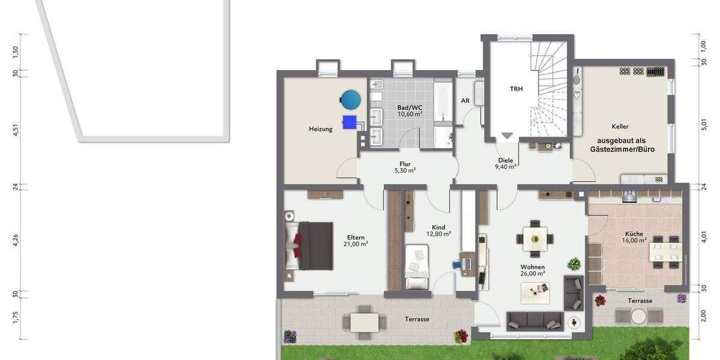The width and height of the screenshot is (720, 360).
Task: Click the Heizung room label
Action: click(320, 129)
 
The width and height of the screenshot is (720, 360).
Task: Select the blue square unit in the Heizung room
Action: click(349, 122)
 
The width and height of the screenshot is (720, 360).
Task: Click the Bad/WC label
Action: click(410, 107)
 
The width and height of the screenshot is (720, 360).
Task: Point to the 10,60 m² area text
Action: click(410, 114)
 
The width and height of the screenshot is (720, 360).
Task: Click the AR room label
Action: click(465, 101)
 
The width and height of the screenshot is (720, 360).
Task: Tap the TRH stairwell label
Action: click(516, 89)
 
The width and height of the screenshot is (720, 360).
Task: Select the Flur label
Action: click(405, 163)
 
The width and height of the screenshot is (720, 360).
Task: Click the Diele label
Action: click(505, 160)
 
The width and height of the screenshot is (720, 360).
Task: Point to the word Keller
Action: click(620, 127)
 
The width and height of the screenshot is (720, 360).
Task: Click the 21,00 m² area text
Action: click(355, 244)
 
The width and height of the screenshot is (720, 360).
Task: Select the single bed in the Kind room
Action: click(418, 265)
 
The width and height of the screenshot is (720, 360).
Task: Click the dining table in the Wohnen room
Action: click(533, 238)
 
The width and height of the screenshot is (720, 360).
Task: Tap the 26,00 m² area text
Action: click(532, 274)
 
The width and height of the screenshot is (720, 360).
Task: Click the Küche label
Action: click(634, 234)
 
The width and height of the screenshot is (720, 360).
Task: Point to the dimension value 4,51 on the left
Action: click(16, 130)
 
